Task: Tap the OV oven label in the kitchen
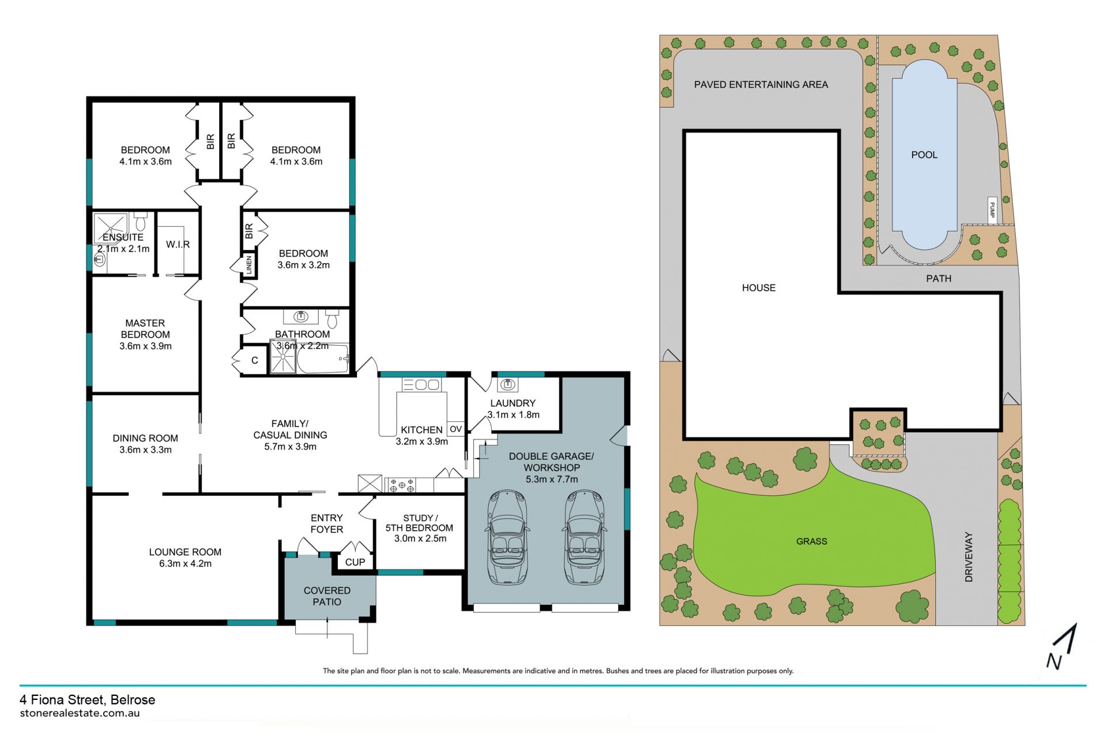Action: click(455, 429)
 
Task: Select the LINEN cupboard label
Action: click(249, 265)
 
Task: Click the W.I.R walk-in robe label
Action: click(178, 245)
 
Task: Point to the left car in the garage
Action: click(507, 537)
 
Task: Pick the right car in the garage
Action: click(585, 537)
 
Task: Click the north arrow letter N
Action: click(1054, 661)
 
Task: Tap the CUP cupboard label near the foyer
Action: click(355, 562)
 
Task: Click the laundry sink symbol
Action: click(507, 384)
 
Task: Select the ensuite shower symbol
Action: click(110, 228)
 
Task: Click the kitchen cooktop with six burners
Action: click(401, 485)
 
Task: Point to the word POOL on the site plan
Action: click(924, 155)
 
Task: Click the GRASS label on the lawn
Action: click(812, 541)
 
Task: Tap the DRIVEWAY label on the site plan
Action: click(969, 556)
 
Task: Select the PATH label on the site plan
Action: click(939, 279)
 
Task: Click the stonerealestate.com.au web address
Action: click(80, 713)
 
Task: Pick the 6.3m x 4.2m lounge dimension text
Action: click(185, 564)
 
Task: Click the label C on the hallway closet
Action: click(254, 361)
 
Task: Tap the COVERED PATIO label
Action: click(327, 596)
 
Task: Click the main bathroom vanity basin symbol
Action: click(300, 316)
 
